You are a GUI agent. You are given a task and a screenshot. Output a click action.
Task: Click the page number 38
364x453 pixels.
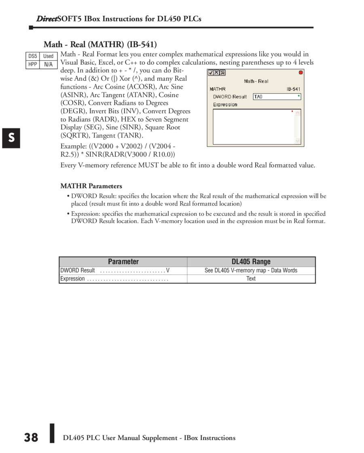[31, 438]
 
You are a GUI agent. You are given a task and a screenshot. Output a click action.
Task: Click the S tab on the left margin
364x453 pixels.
[11, 138]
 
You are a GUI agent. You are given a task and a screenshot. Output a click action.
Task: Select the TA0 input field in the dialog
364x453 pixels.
[277, 97]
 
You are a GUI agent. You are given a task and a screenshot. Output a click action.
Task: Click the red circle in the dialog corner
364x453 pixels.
[301, 72]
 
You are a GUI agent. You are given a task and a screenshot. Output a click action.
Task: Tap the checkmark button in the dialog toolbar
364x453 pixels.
[211, 73]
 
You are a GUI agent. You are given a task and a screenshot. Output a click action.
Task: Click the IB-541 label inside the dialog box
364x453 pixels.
[294, 89]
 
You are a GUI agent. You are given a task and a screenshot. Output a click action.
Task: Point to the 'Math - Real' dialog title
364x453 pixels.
[256, 81]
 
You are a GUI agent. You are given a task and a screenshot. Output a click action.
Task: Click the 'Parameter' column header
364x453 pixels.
[123, 262]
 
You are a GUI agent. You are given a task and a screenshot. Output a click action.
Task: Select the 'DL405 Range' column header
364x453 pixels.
[251, 262]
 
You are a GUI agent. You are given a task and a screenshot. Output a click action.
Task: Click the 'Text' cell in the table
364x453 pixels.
[251, 279]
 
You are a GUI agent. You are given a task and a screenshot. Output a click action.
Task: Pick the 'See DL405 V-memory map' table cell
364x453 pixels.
[251, 270]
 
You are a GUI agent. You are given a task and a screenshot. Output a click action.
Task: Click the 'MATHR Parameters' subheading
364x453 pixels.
[91, 186]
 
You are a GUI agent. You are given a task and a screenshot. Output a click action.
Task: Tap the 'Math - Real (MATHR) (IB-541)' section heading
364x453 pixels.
[100, 44]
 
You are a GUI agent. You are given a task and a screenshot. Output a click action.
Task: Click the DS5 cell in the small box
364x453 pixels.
[33, 56]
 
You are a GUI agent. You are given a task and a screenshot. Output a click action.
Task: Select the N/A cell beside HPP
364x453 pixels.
[49, 64]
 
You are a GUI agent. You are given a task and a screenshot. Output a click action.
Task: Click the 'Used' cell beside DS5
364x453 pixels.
[49, 56]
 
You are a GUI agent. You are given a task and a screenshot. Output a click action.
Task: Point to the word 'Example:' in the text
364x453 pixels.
[73, 146]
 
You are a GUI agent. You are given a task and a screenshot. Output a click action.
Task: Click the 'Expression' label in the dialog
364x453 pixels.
[225, 104]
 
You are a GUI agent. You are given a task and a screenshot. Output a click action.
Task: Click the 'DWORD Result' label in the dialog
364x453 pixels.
[230, 97]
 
